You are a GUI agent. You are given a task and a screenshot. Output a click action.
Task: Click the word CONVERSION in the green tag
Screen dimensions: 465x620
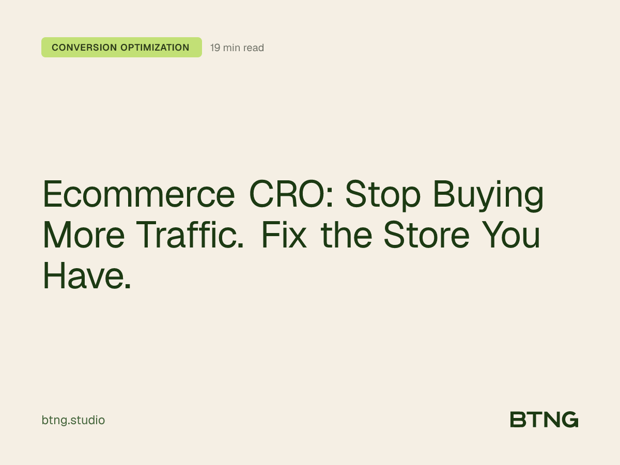coord(84,48)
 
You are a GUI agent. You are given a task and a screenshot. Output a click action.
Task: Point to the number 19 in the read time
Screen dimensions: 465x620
coord(215,48)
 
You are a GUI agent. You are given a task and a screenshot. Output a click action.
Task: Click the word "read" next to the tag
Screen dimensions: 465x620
coord(253,48)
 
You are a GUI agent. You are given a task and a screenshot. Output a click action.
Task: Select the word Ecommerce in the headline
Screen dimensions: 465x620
coord(138,195)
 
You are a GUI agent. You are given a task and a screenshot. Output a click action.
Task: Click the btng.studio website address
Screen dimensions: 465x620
coord(73,420)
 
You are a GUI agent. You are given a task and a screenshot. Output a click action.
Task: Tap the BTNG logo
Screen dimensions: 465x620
coord(544,420)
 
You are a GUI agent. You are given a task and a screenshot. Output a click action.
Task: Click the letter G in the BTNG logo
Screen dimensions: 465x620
coord(569,420)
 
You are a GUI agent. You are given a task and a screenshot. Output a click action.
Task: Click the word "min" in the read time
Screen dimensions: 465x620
coord(231,48)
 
